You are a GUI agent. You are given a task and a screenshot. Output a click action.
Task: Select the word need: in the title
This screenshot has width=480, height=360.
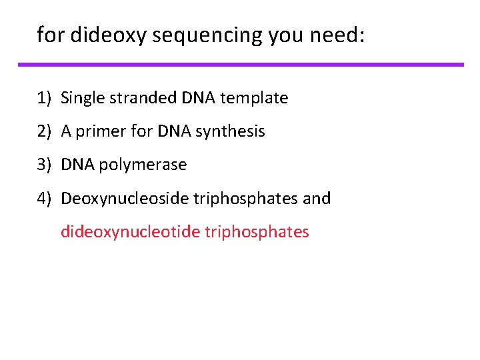pos(337,35)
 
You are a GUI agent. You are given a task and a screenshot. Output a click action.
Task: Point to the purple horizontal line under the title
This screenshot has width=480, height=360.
pos(240,65)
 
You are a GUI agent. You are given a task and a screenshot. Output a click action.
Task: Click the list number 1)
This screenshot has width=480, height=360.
pos(45,98)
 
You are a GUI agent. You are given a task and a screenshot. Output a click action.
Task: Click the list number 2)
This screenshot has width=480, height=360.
pos(45,131)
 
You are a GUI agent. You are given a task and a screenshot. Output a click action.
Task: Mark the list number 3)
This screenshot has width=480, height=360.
pos(45,165)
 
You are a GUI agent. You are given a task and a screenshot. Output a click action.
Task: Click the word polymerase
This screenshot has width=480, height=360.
pos(143,165)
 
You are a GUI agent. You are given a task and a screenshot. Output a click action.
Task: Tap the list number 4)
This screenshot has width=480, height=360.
pos(45,198)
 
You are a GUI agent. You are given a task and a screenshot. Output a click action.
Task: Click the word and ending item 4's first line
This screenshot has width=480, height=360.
pos(317,198)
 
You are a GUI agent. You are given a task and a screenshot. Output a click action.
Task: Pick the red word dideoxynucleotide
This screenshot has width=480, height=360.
pos(130,231)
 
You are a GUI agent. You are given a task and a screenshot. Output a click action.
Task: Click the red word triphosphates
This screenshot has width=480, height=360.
pos(257,231)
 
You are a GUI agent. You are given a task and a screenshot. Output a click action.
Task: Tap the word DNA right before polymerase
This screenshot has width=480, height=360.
pos(78,165)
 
